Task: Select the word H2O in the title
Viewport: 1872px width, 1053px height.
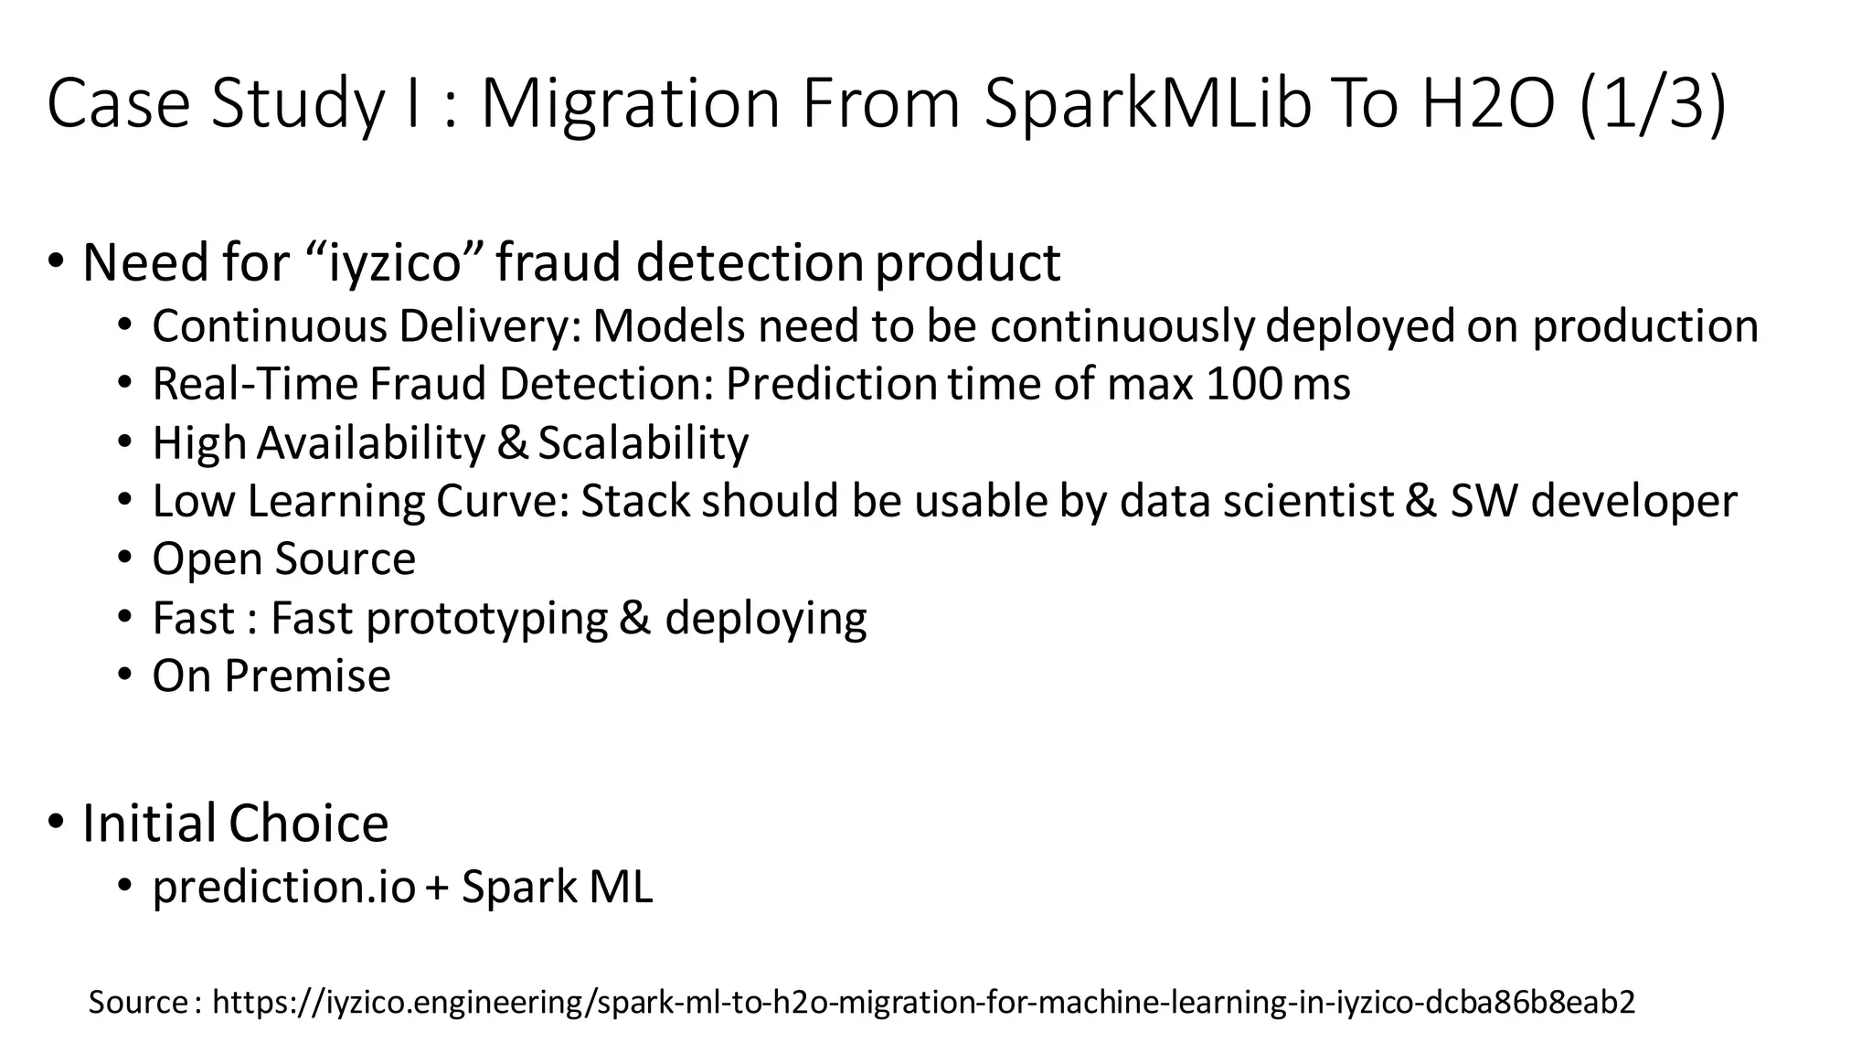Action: (1487, 102)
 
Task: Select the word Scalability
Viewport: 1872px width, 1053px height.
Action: (643, 443)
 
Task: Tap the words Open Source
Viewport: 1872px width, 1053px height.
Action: (283, 558)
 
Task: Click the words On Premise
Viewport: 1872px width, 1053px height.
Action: (271, 676)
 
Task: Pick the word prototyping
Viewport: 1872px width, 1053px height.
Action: (486, 619)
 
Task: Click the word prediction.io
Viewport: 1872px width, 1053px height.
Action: (283, 887)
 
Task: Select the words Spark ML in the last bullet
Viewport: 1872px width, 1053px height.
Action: (558, 887)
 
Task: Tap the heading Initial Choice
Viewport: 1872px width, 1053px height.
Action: (235, 823)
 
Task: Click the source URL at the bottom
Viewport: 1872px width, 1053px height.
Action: (923, 1003)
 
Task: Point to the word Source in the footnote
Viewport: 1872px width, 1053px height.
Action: (138, 1003)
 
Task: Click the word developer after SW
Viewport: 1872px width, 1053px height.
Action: (1633, 502)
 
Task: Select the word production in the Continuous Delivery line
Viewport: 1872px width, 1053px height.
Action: (1645, 326)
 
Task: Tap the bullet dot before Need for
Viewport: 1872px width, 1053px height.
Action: (57, 262)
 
